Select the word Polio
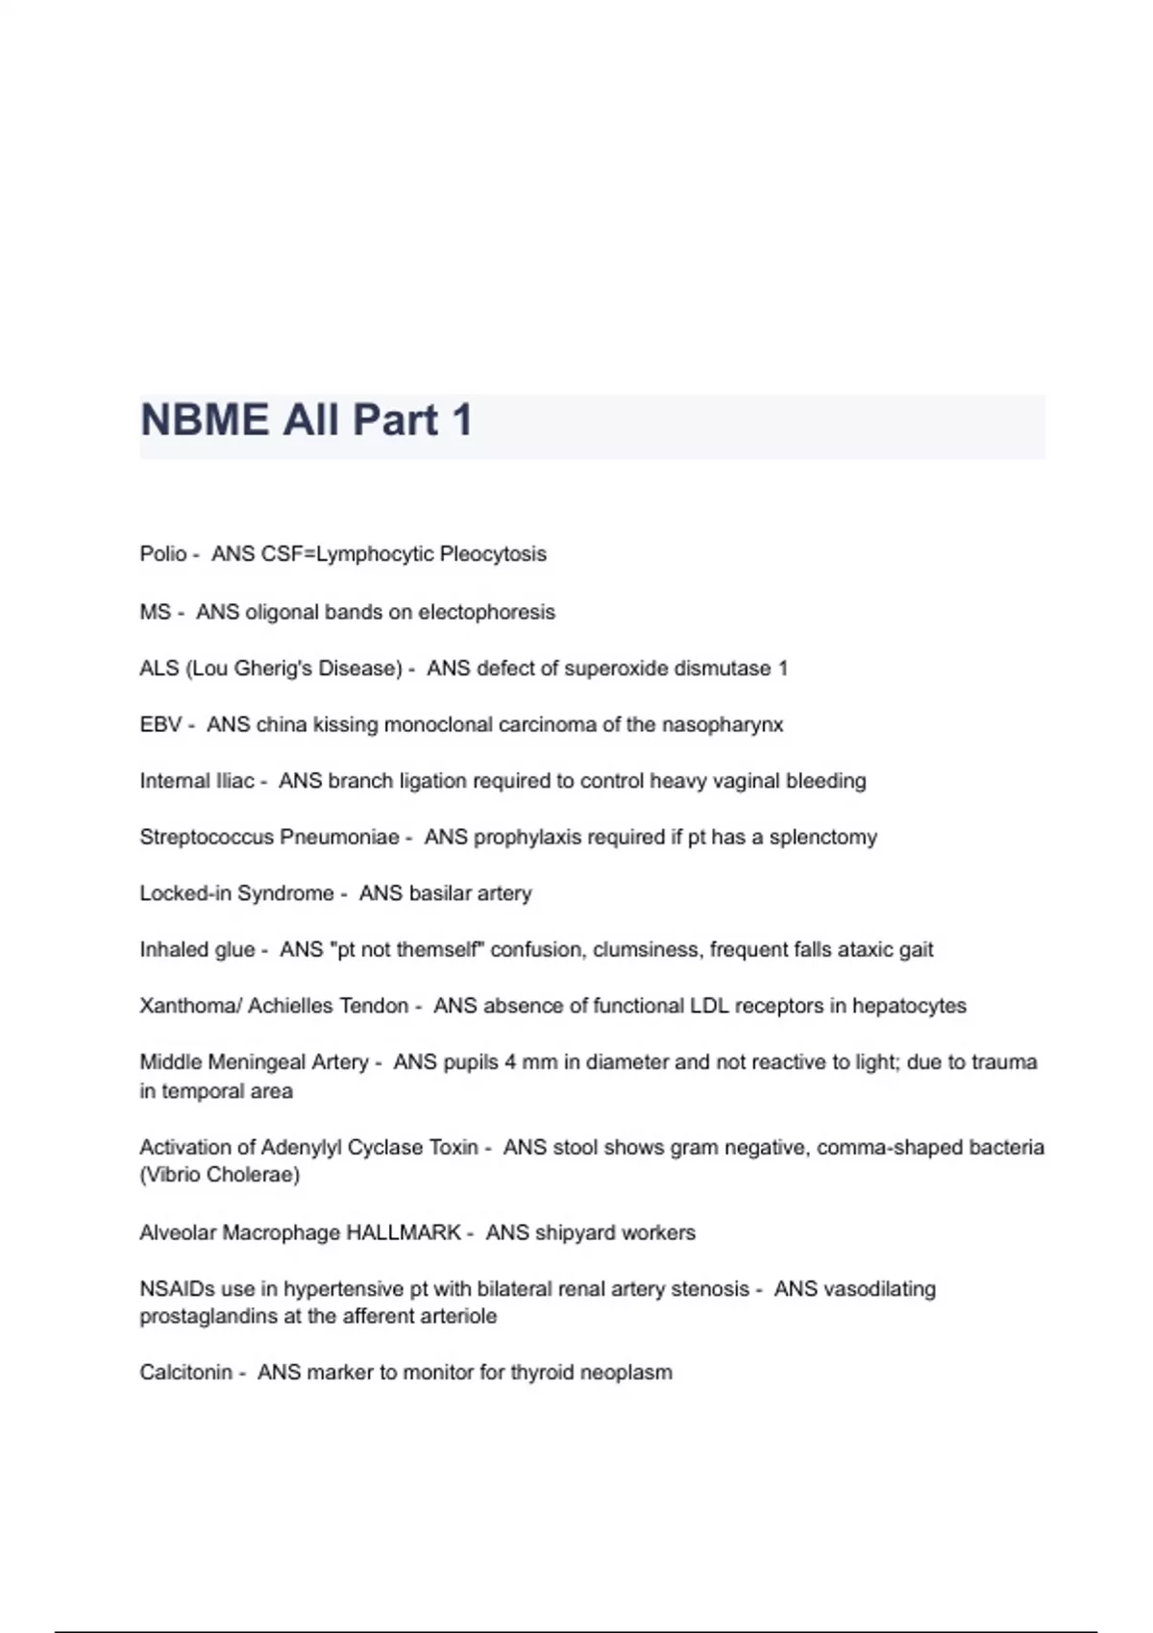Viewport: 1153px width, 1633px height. (163, 554)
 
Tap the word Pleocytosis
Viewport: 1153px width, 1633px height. (493, 554)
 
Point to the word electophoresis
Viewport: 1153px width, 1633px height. (486, 612)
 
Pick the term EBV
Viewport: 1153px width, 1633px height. (160, 724)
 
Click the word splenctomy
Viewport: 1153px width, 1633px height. (823, 837)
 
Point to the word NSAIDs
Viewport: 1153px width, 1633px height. (177, 1289)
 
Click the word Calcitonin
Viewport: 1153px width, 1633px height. (185, 1373)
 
